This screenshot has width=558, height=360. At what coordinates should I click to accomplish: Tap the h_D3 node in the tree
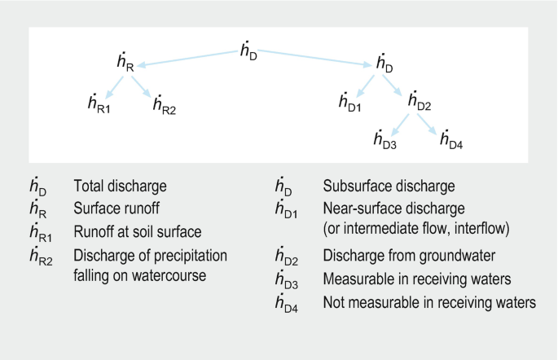(384, 141)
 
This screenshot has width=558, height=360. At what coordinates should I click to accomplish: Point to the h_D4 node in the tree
(450, 141)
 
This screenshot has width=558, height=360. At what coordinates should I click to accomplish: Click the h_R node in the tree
(125, 63)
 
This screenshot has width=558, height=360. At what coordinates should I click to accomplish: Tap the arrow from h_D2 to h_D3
(399, 124)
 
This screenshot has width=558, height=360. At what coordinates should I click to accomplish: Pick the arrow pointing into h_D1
(367, 85)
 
